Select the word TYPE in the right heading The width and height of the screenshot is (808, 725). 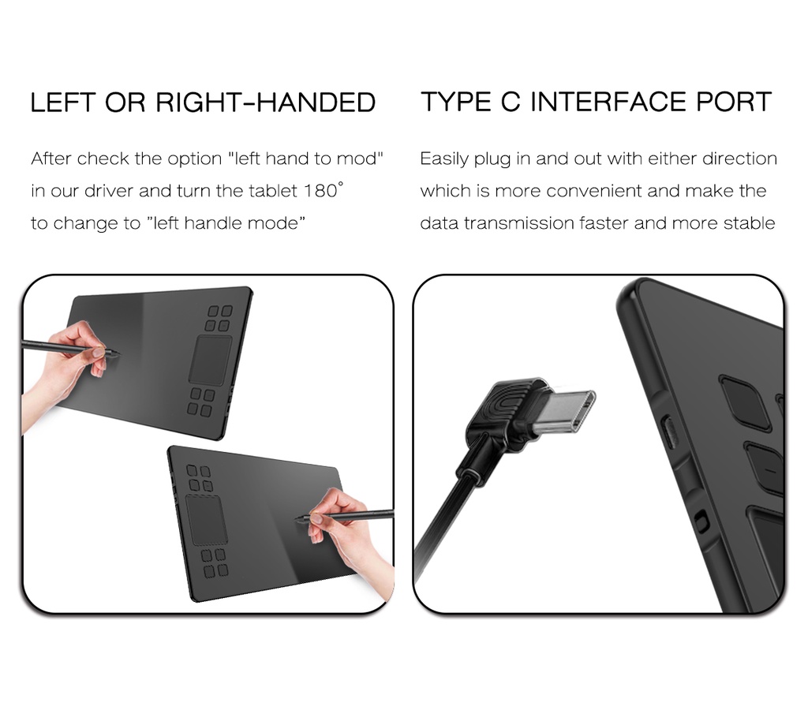[455, 102]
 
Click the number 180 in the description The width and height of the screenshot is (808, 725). [320, 191]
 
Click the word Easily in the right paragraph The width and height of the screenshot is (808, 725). [444, 159]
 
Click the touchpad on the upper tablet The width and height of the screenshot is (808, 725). [210, 360]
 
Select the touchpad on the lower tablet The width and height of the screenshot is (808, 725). [204, 520]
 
